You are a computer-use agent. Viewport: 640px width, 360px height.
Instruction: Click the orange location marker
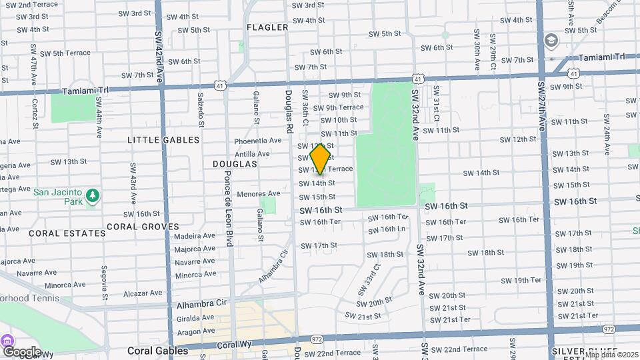click(321, 159)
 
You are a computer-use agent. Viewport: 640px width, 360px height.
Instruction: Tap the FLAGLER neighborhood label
click(267, 27)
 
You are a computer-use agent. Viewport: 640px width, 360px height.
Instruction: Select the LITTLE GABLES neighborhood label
click(163, 140)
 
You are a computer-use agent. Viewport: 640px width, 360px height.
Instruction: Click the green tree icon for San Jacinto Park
click(93, 195)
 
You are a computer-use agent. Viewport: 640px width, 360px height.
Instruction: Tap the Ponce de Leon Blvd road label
click(228, 208)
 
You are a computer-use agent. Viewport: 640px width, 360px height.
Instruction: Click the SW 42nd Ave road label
click(159, 55)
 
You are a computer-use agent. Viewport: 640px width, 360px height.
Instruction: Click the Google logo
click(21, 351)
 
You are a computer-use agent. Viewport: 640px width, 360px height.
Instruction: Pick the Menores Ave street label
click(259, 194)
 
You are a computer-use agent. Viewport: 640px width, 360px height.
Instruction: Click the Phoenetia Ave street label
click(258, 141)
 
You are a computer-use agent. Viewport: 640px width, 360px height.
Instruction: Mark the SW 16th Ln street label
click(388, 229)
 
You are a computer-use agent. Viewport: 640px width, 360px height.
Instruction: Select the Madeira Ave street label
click(195, 235)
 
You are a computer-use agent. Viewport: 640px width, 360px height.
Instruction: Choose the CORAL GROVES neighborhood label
click(142, 227)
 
